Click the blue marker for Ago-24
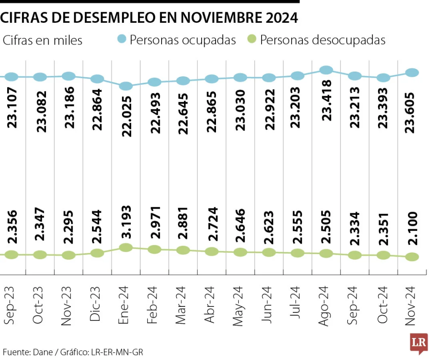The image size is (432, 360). click(326, 70)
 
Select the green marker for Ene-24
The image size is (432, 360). click(126, 248)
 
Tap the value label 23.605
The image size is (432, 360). click(410, 113)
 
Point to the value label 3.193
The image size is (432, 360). click(126, 222)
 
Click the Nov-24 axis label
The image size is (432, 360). click(410, 306)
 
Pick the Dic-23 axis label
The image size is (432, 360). click(94, 304)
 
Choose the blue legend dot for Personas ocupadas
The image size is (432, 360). click(121, 39)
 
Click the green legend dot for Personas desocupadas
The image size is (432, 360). click(251, 39)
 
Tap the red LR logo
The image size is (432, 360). click(419, 343)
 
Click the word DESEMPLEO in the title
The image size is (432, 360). click(113, 18)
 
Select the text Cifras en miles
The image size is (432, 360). click(43, 40)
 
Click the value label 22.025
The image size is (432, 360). click(127, 116)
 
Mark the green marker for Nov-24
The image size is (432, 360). click(412, 257)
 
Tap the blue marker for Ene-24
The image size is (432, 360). click(126, 86)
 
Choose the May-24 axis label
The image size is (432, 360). click(238, 306)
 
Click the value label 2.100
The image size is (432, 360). click(413, 228)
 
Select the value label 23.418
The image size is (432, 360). click(327, 100)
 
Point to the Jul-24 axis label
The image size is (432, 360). click(295, 302)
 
